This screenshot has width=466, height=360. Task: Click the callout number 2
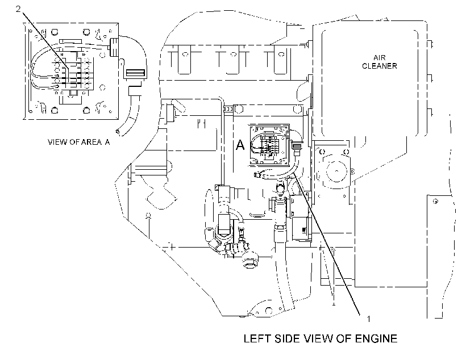point(18,9)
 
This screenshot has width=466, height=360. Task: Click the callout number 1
point(368,319)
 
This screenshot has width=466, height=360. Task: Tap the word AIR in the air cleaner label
point(379,57)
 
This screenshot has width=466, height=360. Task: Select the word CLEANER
point(380,66)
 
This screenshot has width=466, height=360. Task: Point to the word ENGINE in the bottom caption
point(376,338)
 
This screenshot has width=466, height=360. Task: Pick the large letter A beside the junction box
point(240,145)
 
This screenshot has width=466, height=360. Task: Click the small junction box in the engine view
point(269,145)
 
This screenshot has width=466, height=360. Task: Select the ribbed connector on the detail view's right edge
point(114,47)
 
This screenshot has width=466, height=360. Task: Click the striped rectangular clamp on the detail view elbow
point(135,73)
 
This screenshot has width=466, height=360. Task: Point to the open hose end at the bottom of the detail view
point(118,131)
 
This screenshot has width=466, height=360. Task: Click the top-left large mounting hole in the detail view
point(55,31)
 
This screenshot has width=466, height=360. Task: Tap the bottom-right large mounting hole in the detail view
point(86,111)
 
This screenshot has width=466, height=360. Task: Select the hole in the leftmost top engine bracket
point(185,55)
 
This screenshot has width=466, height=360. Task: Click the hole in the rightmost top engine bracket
point(281,55)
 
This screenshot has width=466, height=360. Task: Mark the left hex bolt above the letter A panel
point(239,110)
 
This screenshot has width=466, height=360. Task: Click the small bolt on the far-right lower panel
point(435,202)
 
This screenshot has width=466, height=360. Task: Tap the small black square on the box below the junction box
point(303,230)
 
